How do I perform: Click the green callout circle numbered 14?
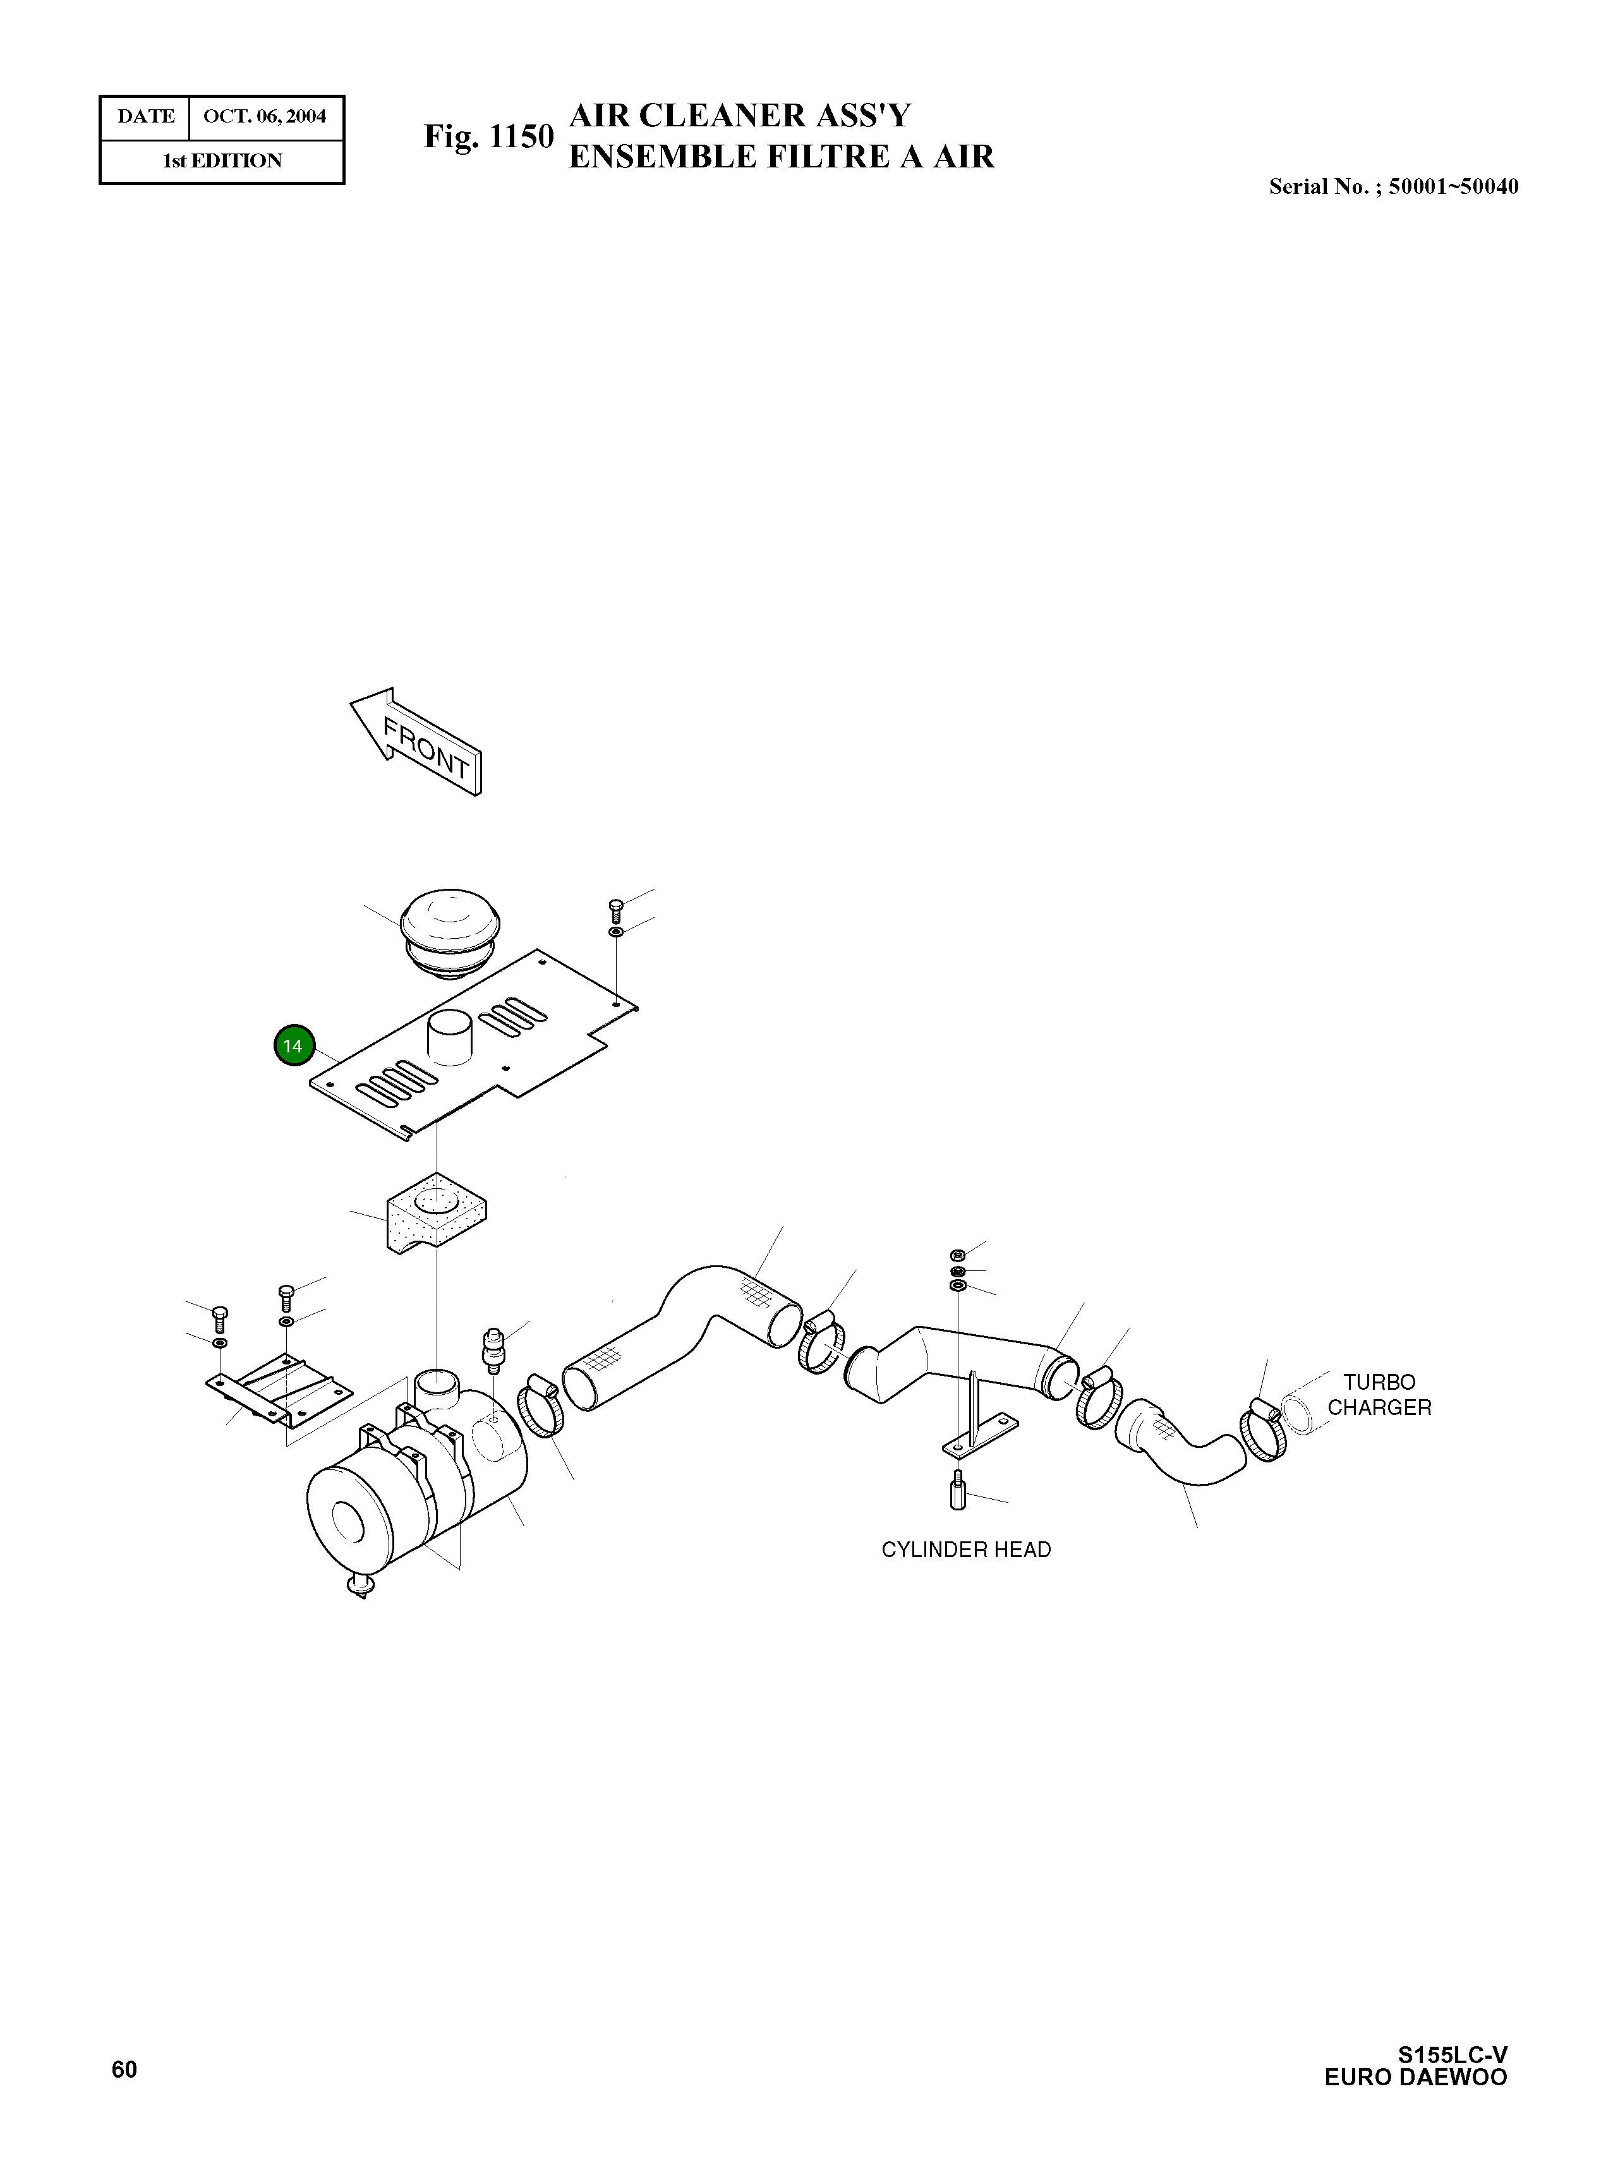tap(293, 1045)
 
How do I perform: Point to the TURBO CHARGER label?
tap(1379, 1394)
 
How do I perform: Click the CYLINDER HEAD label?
tap(965, 1550)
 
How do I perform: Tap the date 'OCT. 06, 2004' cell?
tap(265, 117)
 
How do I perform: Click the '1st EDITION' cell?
tap(222, 161)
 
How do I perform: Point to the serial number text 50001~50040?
tap(1453, 186)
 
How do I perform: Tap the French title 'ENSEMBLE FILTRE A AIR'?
tap(781, 156)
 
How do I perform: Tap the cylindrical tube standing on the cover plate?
tap(449, 1036)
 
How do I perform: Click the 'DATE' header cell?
tap(145, 117)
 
